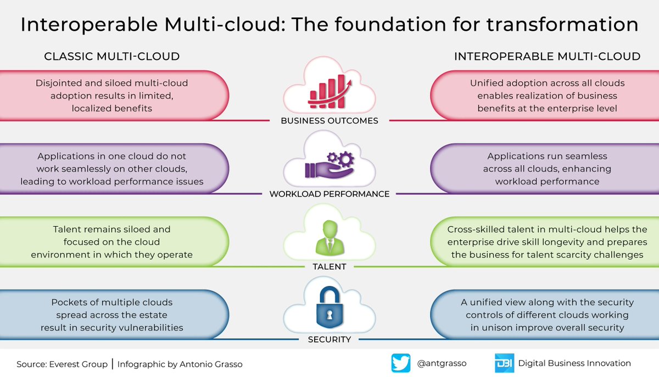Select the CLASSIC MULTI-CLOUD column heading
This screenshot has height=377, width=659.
(x=111, y=56)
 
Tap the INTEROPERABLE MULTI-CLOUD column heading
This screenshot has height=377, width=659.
(x=547, y=56)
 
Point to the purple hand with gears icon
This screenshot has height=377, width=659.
(x=329, y=165)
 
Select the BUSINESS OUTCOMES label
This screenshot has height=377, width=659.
(x=329, y=121)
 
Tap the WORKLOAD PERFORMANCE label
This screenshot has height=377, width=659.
(x=329, y=194)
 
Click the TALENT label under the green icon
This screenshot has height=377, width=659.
(x=329, y=267)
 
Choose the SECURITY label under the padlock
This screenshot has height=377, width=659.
(x=329, y=340)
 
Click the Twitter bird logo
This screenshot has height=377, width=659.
(x=400, y=363)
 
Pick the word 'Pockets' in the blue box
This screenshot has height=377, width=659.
(x=68, y=302)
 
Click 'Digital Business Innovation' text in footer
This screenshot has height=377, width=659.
(x=574, y=363)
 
